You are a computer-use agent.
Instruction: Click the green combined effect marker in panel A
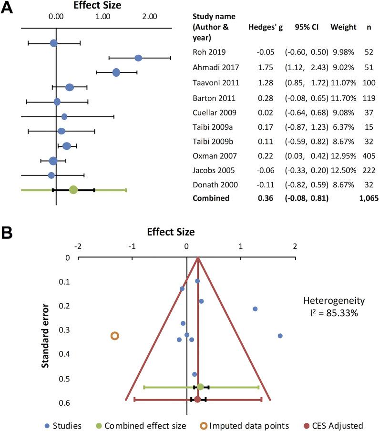73,190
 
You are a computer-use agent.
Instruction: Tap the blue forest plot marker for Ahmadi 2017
138,58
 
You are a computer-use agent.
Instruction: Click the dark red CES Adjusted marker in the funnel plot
198,399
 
